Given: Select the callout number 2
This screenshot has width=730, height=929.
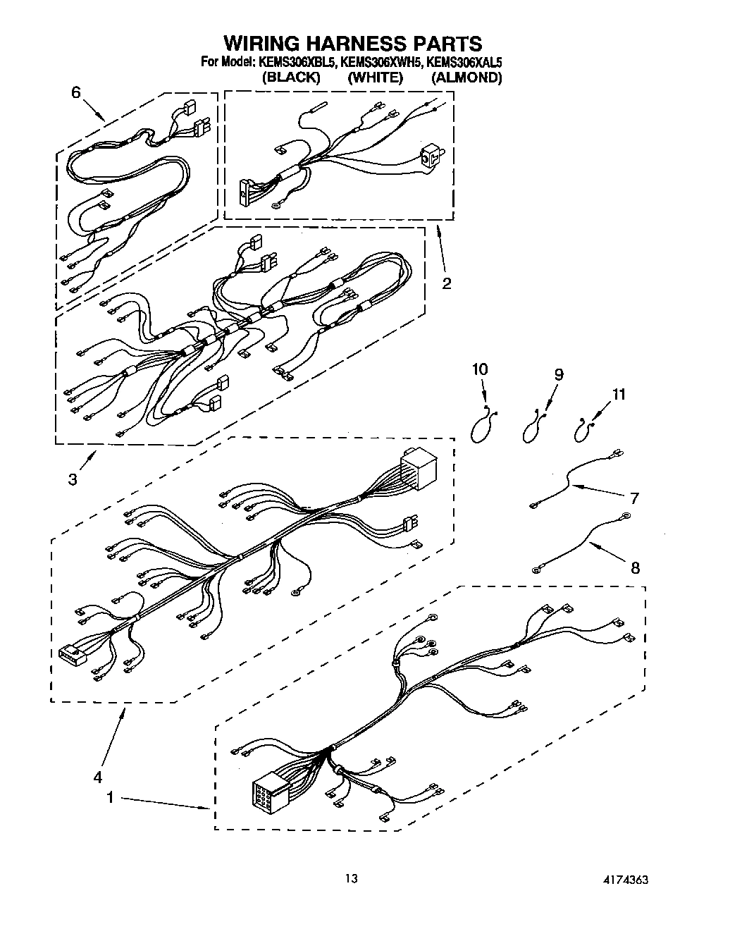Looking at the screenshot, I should tap(446, 284).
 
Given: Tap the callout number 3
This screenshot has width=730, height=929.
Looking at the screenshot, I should tap(73, 480).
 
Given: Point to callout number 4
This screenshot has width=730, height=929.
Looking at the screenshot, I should tap(97, 778).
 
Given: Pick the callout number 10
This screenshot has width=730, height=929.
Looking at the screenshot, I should tap(480, 369).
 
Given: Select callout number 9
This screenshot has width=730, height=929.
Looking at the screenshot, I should tap(558, 374).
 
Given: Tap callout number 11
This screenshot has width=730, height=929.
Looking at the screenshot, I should tap(618, 395).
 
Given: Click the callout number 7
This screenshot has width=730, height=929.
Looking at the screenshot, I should tap(634, 498).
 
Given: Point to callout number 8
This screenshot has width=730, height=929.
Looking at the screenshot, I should tap(635, 567).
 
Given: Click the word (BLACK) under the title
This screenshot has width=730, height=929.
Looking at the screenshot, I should tap(290, 78).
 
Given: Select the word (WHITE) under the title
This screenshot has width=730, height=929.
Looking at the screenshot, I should tap(375, 78).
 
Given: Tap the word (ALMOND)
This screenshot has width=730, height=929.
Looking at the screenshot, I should tap(466, 78).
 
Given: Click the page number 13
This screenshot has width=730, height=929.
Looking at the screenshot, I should tap(352, 879).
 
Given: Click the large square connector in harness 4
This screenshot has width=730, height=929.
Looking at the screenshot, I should tap(418, 467).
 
